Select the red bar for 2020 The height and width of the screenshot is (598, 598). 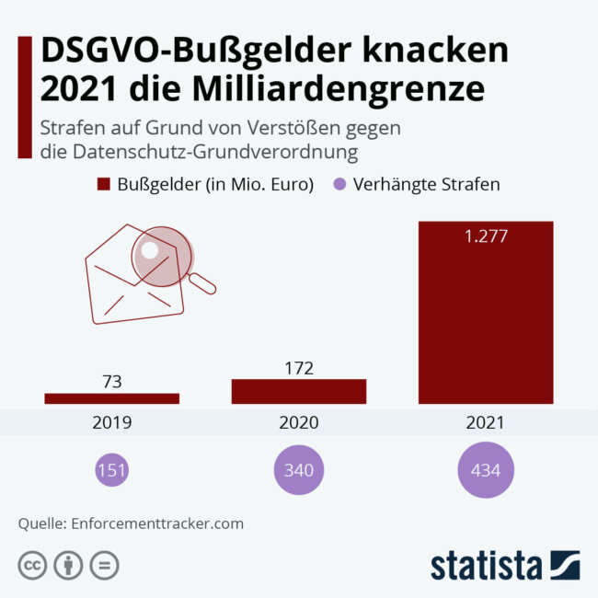pyautogui.click(x=299, y=391)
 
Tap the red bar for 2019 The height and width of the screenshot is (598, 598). pyautogui.click(x=112, y=397)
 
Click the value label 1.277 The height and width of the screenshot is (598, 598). pyautogui.click(x=486, y=236)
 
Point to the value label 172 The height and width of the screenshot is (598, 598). pyautogui.click(x=299, y=368)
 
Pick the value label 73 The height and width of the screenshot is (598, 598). pyautogui.click(x=112, y=381)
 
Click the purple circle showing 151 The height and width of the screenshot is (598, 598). pyautogui.click(x=112, y=470)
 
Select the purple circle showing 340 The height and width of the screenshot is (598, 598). pyautogui.click(x=299, y=470)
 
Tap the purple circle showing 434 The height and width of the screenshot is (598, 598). pyautogui.click(x=486, y=470)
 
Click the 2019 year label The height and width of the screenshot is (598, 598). pyautogui.click(x=112, y=423)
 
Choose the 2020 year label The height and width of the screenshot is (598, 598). pyautogui.click(x=299, y=423)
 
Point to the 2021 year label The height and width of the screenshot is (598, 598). pyautogui.click(x=486, y=423)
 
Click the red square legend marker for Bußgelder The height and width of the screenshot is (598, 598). pyautogui.click(x=103, y=184)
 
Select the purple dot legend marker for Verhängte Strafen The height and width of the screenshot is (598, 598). pyautogui.click(x=339, y=184)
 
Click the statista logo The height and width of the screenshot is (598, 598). pyautogui.click(x=504, y=564)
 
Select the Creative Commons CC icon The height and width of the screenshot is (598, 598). pyautogui.click(x=32, y=564)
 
